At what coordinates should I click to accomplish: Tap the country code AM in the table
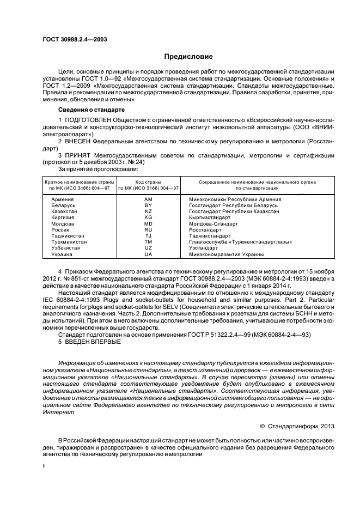pos(148,199)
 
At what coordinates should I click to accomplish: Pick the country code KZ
pos(148,211)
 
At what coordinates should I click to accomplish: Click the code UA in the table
pos(148,254)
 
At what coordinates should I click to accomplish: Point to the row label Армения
pos(62,199)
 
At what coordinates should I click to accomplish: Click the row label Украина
pos(61,254)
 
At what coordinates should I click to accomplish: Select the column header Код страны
pos(148,181)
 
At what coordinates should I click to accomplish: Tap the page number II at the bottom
pos(44,466)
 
